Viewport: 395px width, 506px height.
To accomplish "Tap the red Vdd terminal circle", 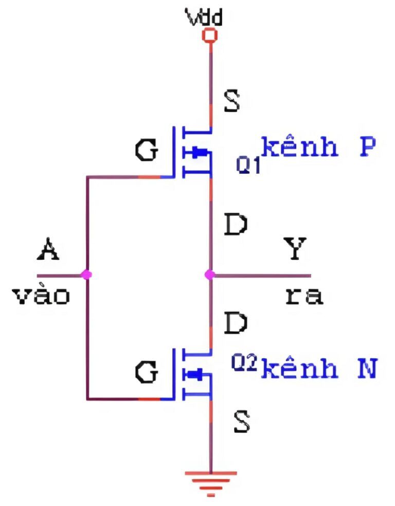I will pyautogui.click(x=209, y=35).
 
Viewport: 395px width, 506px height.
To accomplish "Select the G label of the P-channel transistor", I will pyautogui.click(x=147, y=151).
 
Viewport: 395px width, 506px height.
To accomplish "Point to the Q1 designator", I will pyautogui.click(x=248, y=165).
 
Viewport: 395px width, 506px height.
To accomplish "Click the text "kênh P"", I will pyautogui.click(x=319, y=148).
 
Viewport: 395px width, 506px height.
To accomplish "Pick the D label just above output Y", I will pyautogui.click(x=236, y=225).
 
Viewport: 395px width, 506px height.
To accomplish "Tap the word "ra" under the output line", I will pyautogui.click(x=304, y=296).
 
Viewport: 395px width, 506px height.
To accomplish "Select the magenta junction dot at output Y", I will pyautogui.click(x=209, y=275).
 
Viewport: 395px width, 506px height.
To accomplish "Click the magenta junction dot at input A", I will pyautogui.click(x=86, y=275).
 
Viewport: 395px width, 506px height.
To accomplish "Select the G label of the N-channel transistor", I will pyautogui.click(x=147, y=372).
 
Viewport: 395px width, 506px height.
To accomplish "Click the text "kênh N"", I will pyautogui.click(x=319, y=369).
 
